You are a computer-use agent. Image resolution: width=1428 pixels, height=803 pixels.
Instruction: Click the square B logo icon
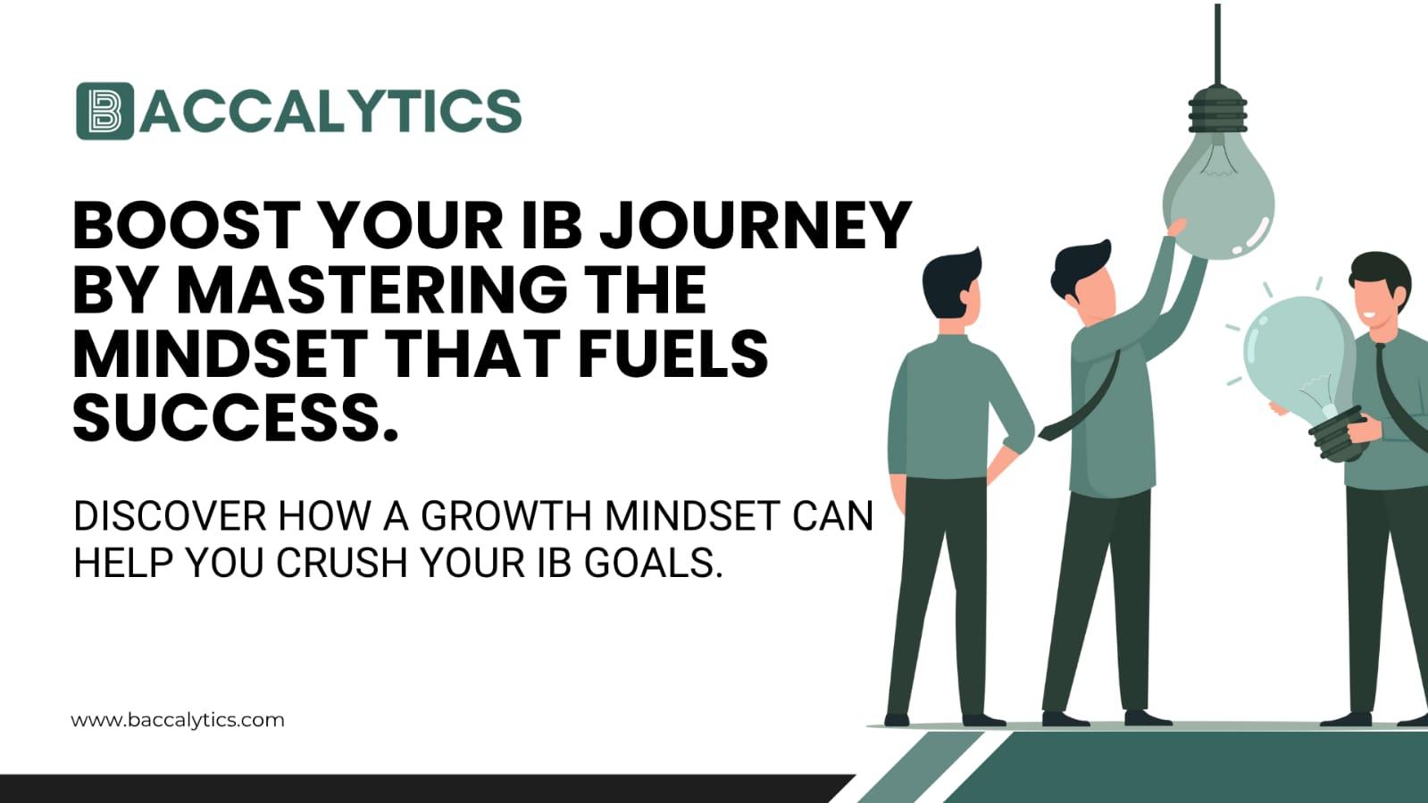(x=104, y=111)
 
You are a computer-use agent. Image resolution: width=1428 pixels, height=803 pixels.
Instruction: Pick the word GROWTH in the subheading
(x=505, y=516)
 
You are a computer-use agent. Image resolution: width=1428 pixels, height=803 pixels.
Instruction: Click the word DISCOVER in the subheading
(x=170, y=516)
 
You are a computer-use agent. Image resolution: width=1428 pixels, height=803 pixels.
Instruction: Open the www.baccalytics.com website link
(x=177, y=720)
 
